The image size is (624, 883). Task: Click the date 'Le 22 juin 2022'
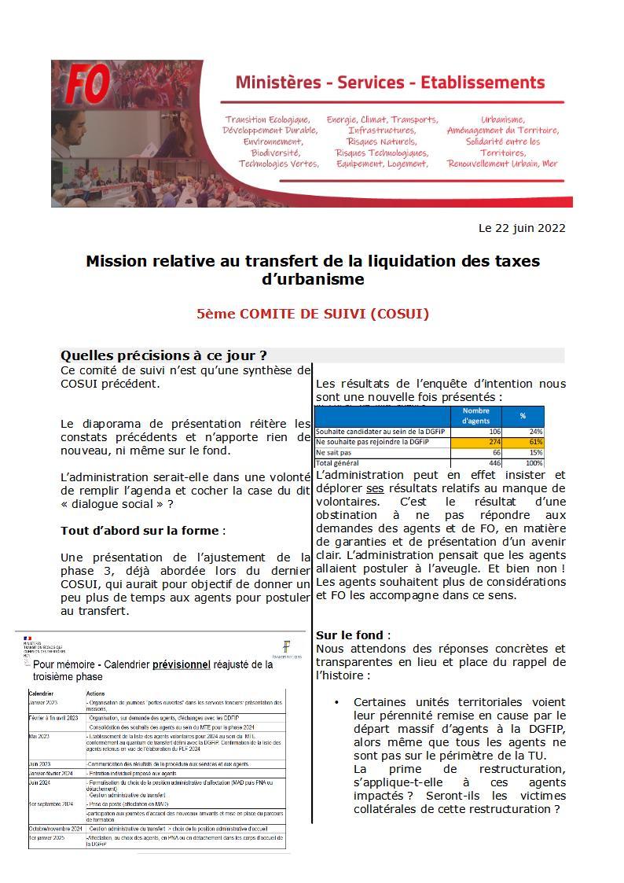[522, 228]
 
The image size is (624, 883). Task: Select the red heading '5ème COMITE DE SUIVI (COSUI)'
[313, 314]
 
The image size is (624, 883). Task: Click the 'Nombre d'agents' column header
[475, 416]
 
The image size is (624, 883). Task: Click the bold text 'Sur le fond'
[350, 635]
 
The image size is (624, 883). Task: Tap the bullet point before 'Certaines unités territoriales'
[336, 702]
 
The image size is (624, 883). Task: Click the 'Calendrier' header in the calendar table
[42, 693]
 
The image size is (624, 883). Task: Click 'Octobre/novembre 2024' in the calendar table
[55, 828]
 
